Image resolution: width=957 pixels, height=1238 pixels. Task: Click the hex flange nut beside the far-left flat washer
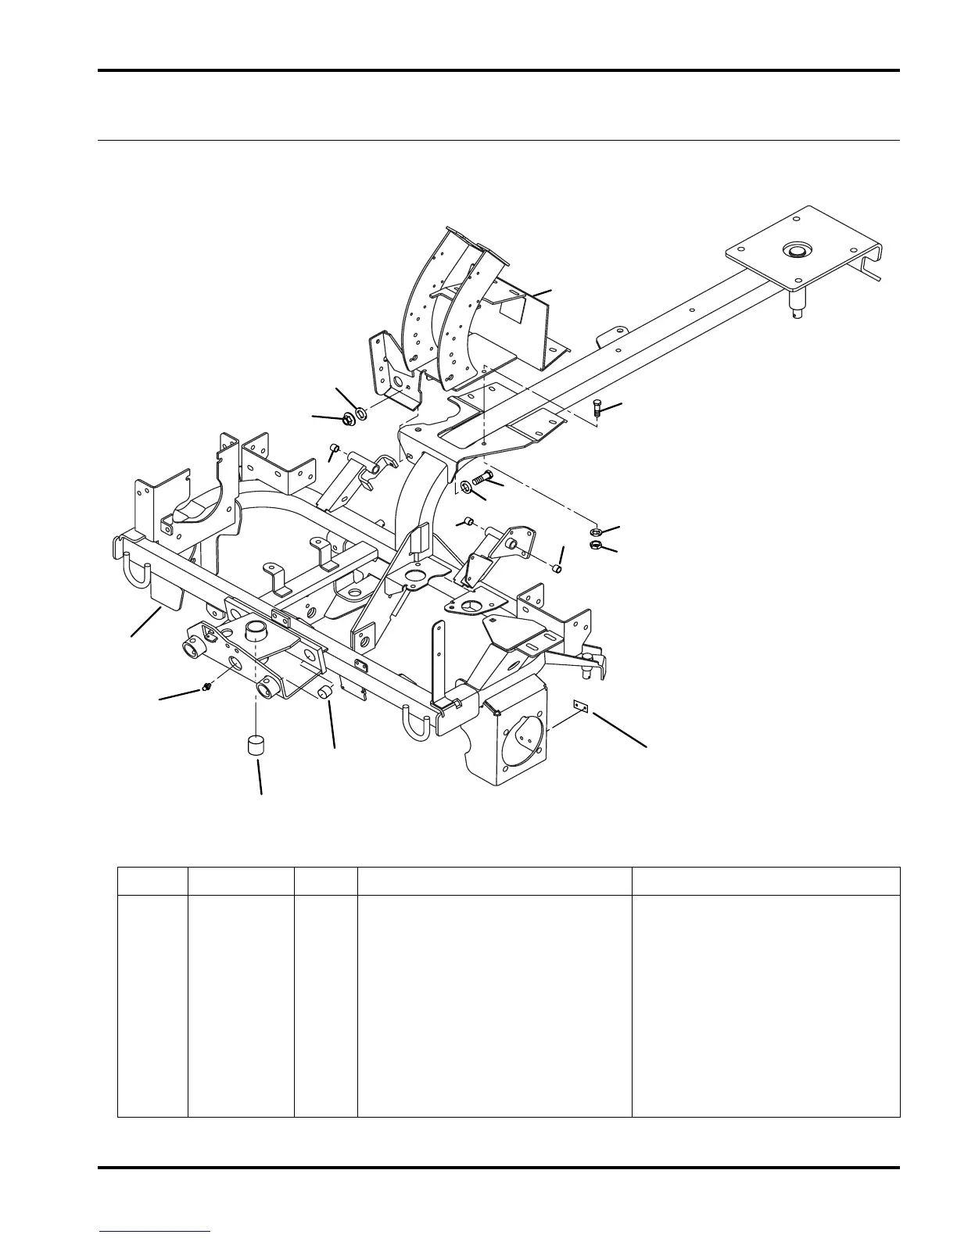pyautogui.click(x=349, y=419)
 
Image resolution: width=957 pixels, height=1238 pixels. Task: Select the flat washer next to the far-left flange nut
pyautogui.click(x=361, y=413)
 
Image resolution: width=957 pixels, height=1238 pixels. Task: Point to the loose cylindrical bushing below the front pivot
pyautogui.click(x=254, y=745)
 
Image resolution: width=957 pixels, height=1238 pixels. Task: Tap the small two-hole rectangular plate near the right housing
pyautogui.click(x=580, y=706)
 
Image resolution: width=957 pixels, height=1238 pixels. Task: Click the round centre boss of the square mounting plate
pyautogui.click(x=796, y=252)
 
